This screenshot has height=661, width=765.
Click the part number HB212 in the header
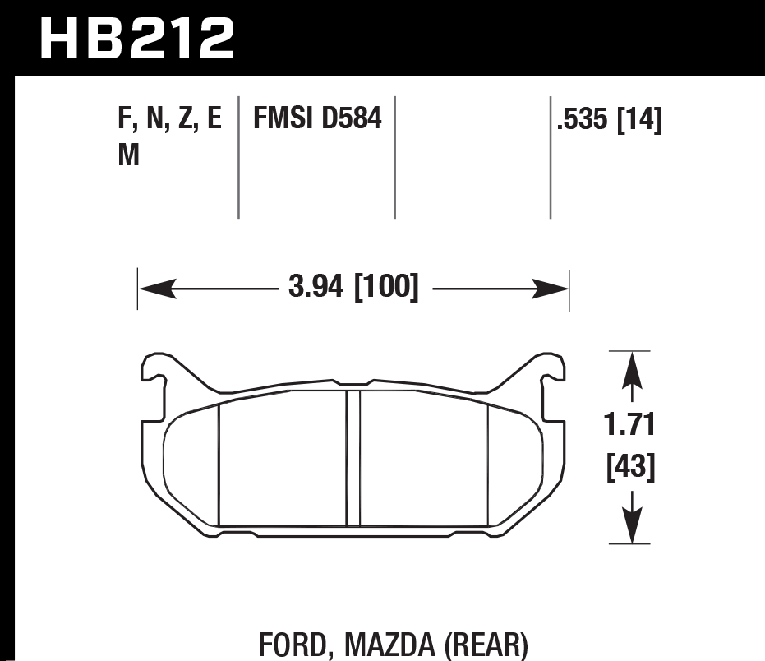(x=136, y=37)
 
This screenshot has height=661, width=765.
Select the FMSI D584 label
(x=317, y=120)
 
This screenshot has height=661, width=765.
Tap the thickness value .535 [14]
(x=609, y=121)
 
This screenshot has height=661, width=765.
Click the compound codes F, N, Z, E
(x=170, y=120)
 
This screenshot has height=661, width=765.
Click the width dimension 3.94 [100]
(x=353, y=289)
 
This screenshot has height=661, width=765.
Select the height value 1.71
(x=629, y=427)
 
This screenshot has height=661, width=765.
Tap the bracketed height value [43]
(x=629, y=468)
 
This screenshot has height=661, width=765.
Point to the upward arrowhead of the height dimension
(x=629, y=370)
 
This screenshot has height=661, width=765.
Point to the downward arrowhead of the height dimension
(x=629, y=524)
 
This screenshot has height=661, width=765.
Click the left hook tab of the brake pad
(x=157, y=369)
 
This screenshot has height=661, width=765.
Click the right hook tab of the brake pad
(x=550, y=369)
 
